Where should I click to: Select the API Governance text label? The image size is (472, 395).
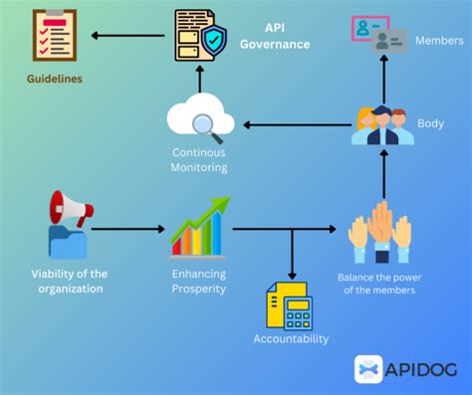point(274,37)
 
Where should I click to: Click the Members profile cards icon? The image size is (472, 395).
point(379,36)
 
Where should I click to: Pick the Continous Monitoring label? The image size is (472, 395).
point(199,160)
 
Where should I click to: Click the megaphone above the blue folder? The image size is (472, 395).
point(71,209)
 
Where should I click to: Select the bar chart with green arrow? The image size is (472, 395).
point(199,227)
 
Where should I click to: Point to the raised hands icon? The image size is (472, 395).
point(380,230)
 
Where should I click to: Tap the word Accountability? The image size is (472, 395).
point(290,338)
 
